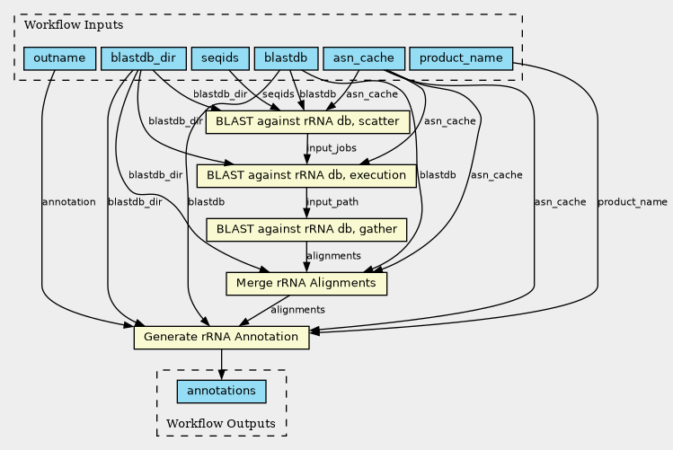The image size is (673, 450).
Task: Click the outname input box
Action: (x=59, y=58)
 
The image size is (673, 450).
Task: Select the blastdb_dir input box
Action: (x=144, y=58)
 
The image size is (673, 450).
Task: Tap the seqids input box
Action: (x=220, y=58)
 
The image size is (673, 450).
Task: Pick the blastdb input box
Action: (x=287, y=58)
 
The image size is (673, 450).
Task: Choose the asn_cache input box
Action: (x=364, y=58)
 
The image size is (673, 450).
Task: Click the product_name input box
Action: (x=462, y=58)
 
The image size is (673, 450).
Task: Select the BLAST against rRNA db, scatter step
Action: (x=307, y=122)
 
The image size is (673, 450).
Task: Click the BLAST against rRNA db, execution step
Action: (x=306, y=176)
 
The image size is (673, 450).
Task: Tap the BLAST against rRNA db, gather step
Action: (x=306, y=230)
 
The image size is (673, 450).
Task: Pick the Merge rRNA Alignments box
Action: (x=306, y=284)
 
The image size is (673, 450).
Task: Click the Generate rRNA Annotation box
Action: (x=221, y=337)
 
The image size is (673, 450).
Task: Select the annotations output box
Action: (x=221, y=392)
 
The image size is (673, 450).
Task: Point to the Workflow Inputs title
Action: (x=74, y=25)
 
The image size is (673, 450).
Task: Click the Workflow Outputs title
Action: (x=221, y=424)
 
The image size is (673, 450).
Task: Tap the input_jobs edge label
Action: (x=332, y=148)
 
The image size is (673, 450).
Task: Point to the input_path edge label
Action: (x=332, y=202)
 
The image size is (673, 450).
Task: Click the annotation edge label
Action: (x=68, y=202)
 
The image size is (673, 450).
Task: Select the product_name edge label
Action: (x=633, y=202)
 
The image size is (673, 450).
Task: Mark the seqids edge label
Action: (x=279, y=94)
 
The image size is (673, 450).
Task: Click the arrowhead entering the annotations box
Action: (x=221, y=375)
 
